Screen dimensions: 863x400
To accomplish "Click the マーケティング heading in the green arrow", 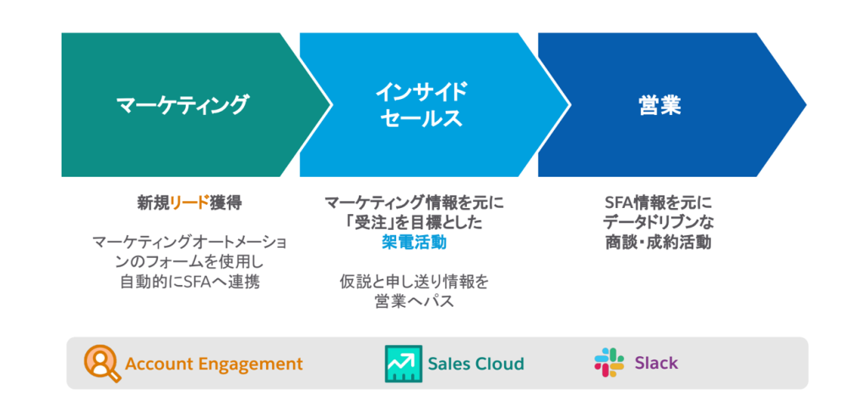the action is point(182,105).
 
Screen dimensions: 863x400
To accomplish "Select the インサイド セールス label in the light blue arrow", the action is point(421,105).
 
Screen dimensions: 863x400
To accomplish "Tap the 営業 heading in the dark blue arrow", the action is point(659,105).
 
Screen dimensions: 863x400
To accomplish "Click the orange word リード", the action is point(190,203).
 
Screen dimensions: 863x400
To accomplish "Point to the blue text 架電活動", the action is point(414,242).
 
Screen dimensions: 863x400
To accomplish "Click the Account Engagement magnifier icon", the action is point(102,364).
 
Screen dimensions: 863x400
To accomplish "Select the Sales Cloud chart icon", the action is point(404,364).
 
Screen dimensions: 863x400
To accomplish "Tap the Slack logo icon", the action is point(610,363).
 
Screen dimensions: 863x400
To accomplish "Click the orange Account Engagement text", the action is point(214,364).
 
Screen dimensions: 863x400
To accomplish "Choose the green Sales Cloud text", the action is point(476,364).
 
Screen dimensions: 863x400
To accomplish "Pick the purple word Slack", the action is point(657,363).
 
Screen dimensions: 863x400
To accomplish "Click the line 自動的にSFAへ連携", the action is point(189,281).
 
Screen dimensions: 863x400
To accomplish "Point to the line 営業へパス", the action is point(414,302).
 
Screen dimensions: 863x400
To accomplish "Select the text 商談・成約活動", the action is point(658,242).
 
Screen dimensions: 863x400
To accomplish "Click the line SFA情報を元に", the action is point(658,203).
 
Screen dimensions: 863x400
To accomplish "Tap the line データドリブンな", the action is point(658,222).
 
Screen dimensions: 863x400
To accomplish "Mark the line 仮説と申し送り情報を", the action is point(414,282).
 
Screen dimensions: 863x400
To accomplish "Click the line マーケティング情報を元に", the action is point(414,203).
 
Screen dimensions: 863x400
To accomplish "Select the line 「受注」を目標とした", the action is point(414,222).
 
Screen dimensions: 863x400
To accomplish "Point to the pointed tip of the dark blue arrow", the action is point(806,105).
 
